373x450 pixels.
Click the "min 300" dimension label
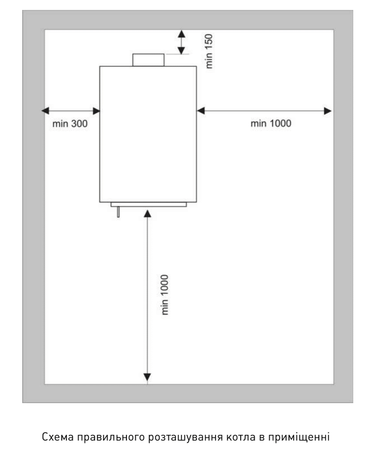pyautogui.click(x=70, y=123)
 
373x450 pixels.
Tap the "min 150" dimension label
pyautogui.click(x=209, y=51)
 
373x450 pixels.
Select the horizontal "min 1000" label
pyautogui.click(x=271, y=123)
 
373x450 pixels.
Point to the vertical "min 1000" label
pyautogui.click(x=165, y=295)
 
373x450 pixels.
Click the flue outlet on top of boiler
pyautogui.click(x=148, y=60)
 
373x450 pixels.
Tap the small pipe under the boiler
pyautogui.click(x=118, y=212)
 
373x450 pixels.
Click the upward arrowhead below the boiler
pyautogui.click(x=147, y=214)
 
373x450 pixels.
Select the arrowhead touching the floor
pyautogui.click(x=147, y=377)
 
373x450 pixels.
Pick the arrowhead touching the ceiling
pyautogui.click(x=181, y=34)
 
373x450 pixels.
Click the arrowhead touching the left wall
pyautogui.click(x=45, y=111)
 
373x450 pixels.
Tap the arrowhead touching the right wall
pyautogui.click(x=328, y=111)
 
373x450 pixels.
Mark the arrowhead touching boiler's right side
pyautogui.click(x=201, y=111)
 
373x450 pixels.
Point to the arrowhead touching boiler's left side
pyautogui.click(x=96, y=111)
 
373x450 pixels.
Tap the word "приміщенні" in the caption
pyautogui.click(x=299, y=437)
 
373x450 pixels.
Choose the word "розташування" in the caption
pyautogui.click(x=185, y=437)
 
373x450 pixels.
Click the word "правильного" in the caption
pyautogui.click(x=111, y=437)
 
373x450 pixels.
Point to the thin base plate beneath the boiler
pyautogui.click(x=149, y=204)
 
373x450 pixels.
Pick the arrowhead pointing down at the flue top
pyautogui.click(x=181, y=50)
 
